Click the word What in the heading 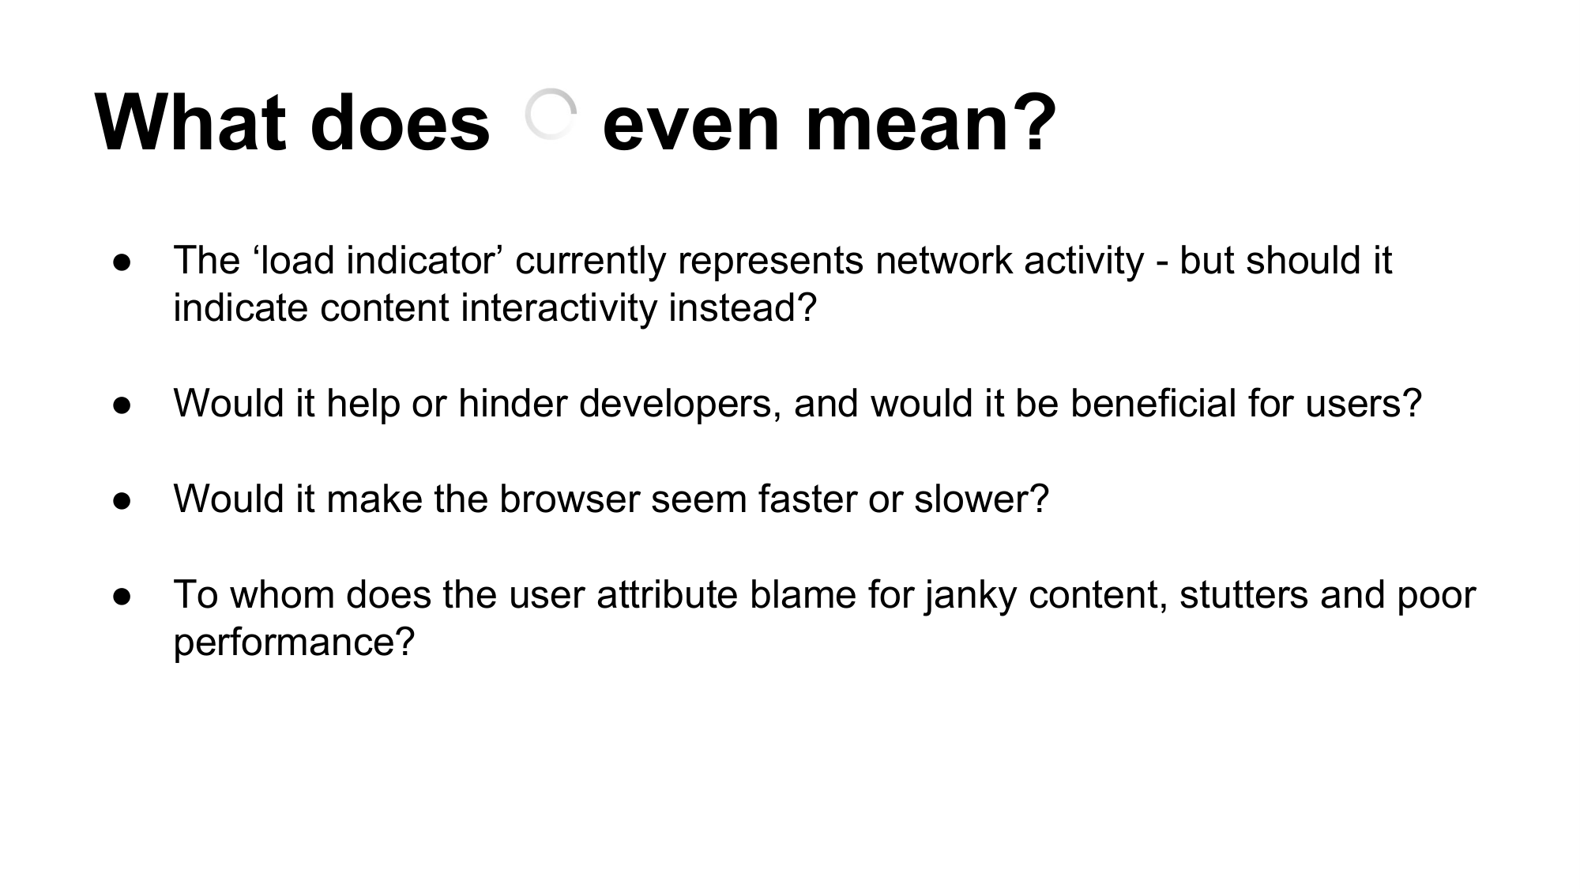coord(190,122)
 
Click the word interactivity coord(559,307)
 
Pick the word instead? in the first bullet coord(743,307)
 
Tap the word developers coord(680,404)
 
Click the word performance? coord(294,642)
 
